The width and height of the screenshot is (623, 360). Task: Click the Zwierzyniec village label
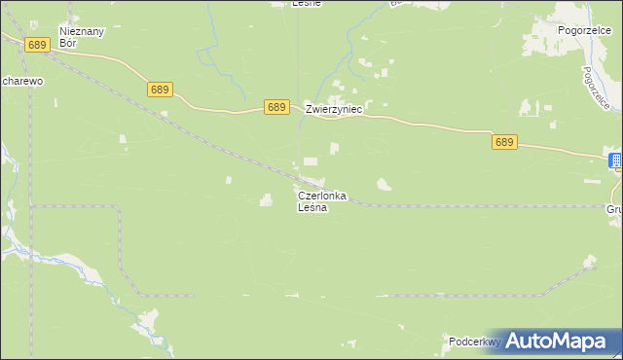pyautogui.click(x=334, y=110)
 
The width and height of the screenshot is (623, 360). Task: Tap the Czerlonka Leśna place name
pyautogui.click(x=321, y=201)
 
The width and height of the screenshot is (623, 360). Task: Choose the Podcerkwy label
pyautogui.click(x=474, y=342)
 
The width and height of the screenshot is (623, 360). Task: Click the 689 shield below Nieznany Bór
pyautogui.click(x=38, y=45)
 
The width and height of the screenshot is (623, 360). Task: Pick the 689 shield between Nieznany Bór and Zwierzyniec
pyautogui.click(x=161, y=90)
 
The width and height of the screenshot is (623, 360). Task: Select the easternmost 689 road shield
pyautogui.click(x=503, y=142)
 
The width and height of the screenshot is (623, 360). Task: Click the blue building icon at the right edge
pyautogui.click(x=616, y=161)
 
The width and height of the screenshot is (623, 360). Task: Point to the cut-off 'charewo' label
pyautogui.click(x=21, y=82)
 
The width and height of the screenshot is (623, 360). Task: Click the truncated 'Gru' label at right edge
pyautogui.click(x=613, y=208)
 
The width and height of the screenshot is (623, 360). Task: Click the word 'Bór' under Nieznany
pyautogui.click(x=68, y=43)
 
